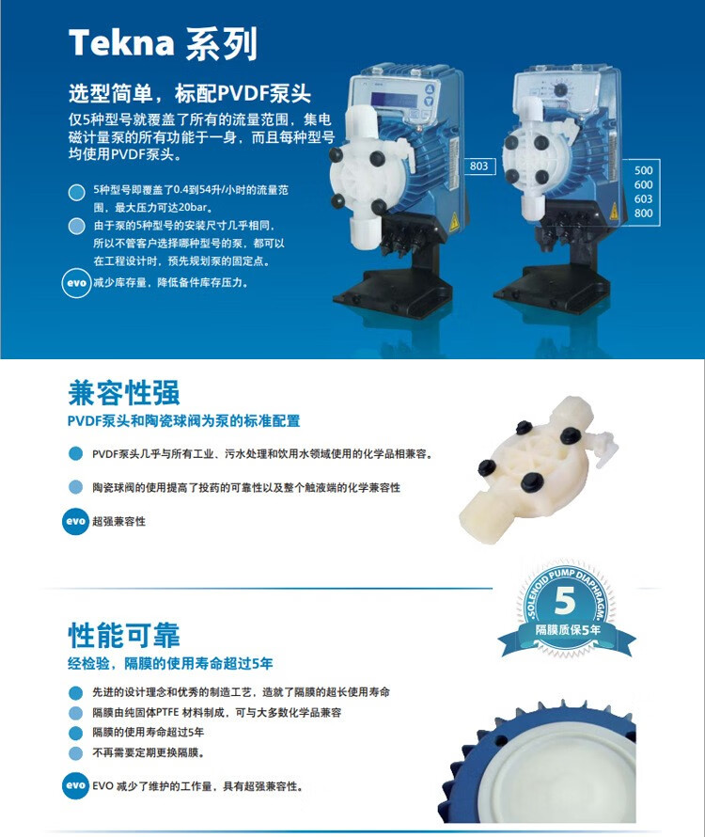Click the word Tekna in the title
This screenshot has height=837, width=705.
point(121,42)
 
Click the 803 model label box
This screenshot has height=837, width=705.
point(478,166)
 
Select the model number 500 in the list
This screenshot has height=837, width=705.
point(643,170)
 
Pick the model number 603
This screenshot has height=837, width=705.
point(643,198)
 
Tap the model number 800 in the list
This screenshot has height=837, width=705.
point(643,213)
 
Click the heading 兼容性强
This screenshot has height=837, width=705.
point(124,393)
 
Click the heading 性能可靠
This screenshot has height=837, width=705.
point(124,635)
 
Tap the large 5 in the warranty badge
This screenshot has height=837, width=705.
point(565,601)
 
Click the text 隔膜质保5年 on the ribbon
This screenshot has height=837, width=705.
point(568,630)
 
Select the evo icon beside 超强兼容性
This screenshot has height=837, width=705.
point(76,521)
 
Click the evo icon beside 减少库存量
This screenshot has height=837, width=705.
point(76,283)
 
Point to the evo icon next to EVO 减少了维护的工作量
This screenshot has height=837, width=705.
point(76,785)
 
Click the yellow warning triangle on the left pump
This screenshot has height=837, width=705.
point(454,222)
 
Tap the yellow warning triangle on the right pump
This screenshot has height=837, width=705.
point(614,211)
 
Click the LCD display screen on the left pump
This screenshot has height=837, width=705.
point(394,101)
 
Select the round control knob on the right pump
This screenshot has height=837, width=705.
point(560,89)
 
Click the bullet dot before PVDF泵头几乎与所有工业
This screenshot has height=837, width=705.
point(76,453)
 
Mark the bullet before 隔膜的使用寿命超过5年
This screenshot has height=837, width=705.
point(76,733)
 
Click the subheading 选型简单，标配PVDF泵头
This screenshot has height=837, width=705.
point(190,93)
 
